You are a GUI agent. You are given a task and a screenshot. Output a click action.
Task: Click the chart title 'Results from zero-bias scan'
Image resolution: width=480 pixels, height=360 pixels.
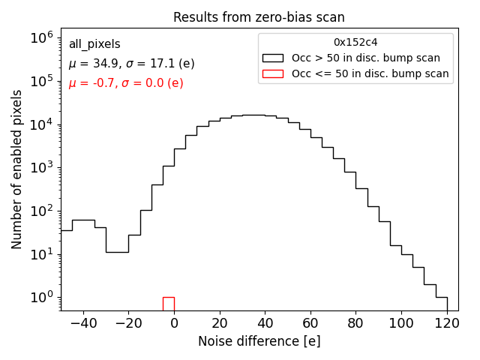coord(259,17)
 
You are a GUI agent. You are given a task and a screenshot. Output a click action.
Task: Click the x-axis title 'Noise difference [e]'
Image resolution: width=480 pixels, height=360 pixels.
coord(259,341)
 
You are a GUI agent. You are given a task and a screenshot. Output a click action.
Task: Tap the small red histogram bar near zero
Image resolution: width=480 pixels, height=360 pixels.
coord(168,304)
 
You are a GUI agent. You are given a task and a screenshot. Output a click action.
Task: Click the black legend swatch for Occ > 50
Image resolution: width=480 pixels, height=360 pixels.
coord(274,58)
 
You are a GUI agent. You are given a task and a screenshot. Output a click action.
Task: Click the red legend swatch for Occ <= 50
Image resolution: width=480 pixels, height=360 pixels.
coord(274,73)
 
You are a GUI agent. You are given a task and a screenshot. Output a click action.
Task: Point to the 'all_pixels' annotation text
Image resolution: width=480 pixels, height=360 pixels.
coord(94,44)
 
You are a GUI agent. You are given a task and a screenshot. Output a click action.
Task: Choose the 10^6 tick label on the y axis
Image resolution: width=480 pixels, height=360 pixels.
coord(41,37)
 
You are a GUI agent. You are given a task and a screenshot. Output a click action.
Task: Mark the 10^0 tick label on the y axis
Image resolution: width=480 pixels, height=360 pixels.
coord(41,298)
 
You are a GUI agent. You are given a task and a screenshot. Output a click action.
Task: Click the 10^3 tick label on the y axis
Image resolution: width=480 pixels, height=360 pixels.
coord(41,167)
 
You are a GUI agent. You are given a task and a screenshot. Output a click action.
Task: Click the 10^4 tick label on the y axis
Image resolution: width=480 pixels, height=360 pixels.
coord(41,124)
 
